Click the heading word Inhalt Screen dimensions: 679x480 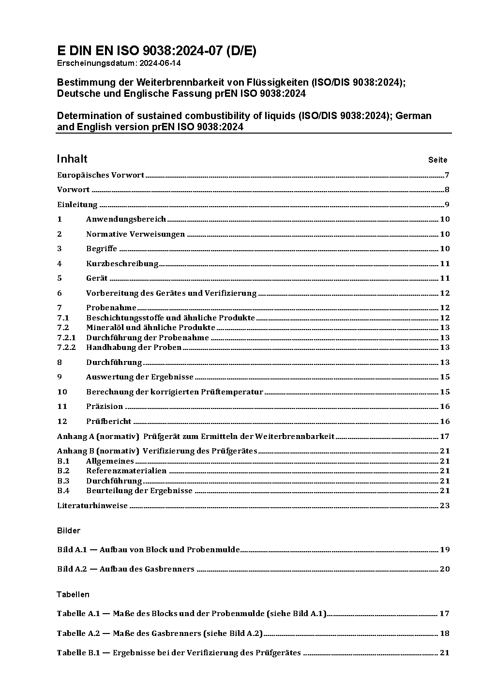tap(72, 159)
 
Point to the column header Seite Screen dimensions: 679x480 tap(437, 160)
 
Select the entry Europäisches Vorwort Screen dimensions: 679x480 tap(101, 175)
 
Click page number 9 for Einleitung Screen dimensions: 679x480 tap(447, 205)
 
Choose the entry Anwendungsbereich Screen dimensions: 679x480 tap(126, 219)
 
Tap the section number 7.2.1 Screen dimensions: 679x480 tap(66, 338)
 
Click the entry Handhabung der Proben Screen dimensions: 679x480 tap(134, 347)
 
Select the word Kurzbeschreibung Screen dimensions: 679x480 tap(122, 264)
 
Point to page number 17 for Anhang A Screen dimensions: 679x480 tap(445, 437)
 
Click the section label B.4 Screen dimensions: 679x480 tap(63, 491)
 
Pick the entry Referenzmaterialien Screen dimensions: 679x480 tap(126, 471)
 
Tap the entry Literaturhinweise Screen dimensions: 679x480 tap(92, 506)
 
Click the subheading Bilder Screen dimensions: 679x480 tap(69, 531)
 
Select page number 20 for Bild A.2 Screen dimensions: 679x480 tap(445, 569)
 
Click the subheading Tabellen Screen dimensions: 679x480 tap(73, 594)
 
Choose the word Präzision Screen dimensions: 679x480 tap(105, 407)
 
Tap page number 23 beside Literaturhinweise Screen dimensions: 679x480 tap(445, 506)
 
